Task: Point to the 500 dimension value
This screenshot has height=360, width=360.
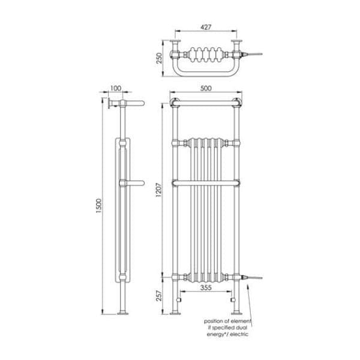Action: point(206,88)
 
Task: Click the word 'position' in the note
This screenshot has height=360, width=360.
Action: point(215,320)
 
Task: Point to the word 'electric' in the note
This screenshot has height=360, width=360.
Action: point(237,334)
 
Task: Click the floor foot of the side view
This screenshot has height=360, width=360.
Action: point(124,311)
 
